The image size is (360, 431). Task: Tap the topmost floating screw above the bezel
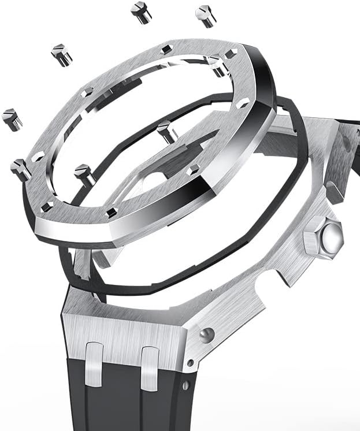click(140, 12)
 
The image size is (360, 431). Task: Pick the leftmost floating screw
click(12, 119)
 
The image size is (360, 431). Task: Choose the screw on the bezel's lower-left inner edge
click(84, 173)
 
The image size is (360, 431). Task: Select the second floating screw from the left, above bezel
click(61, 54)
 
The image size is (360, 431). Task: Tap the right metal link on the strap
click(150, 366)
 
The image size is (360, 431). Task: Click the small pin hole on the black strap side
click(185, 385)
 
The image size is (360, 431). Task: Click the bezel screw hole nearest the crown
click(244, 102)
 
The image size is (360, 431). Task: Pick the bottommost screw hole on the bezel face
click(112, 211)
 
